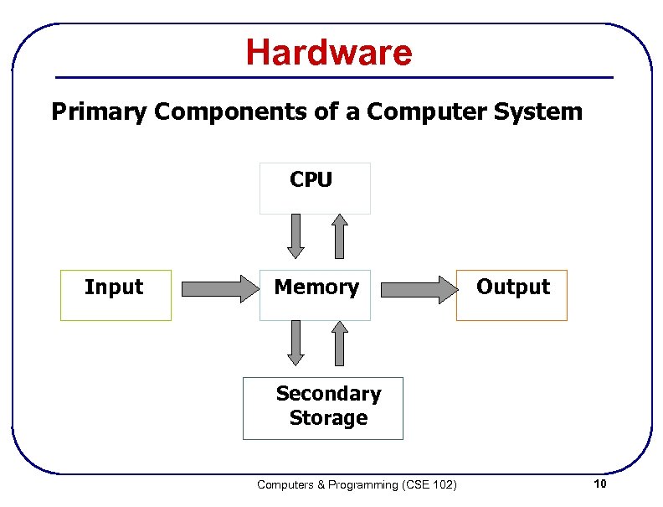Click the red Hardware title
pos(329,53)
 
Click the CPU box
pos(315,188)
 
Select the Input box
pos(116,295)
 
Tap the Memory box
pos(315,295)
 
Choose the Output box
pos(511,295)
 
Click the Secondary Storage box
pos(323,408)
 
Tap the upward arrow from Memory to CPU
pos(339,235)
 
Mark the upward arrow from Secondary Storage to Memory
pos(339,344)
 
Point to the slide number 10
pos(599,485)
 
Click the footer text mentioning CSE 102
pos(357,485)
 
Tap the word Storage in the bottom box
pos(328,417)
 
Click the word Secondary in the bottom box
pos(328,393)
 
